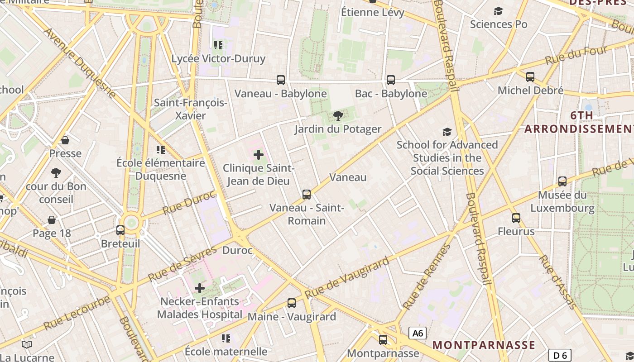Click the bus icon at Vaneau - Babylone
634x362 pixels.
click(x=281, y=80)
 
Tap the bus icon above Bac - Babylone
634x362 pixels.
click(x=391, y=80)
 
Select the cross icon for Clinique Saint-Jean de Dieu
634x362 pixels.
click(x=259, y=155)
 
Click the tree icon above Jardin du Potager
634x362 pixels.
click(x=338, y=116)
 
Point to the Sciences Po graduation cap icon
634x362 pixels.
click(x=498, y=11)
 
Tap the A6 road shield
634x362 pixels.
click(x=417, y=333)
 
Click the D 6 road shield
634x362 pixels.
click(x=560, y=355)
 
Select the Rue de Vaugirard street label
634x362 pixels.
click(x=347, y=277)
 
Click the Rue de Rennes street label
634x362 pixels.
click(x=426, y=277)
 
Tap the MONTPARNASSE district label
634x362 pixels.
click(x=484, y=345)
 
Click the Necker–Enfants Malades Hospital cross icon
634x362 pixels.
click(x=200, y=288)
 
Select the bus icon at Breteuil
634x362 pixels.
click(x=120, y=230)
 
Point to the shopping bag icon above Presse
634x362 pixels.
click(x=65, y=140)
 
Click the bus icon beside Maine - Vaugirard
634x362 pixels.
click(x=292, y=303)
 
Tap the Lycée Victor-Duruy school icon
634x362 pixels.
click(x=218, y=45)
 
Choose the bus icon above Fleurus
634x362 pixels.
click(x=516, y=218)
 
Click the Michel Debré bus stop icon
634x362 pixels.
click(x=530, y=77)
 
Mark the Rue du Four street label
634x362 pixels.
click(x=576, y=55)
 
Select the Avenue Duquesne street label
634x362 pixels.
click(x=80, y=64)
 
